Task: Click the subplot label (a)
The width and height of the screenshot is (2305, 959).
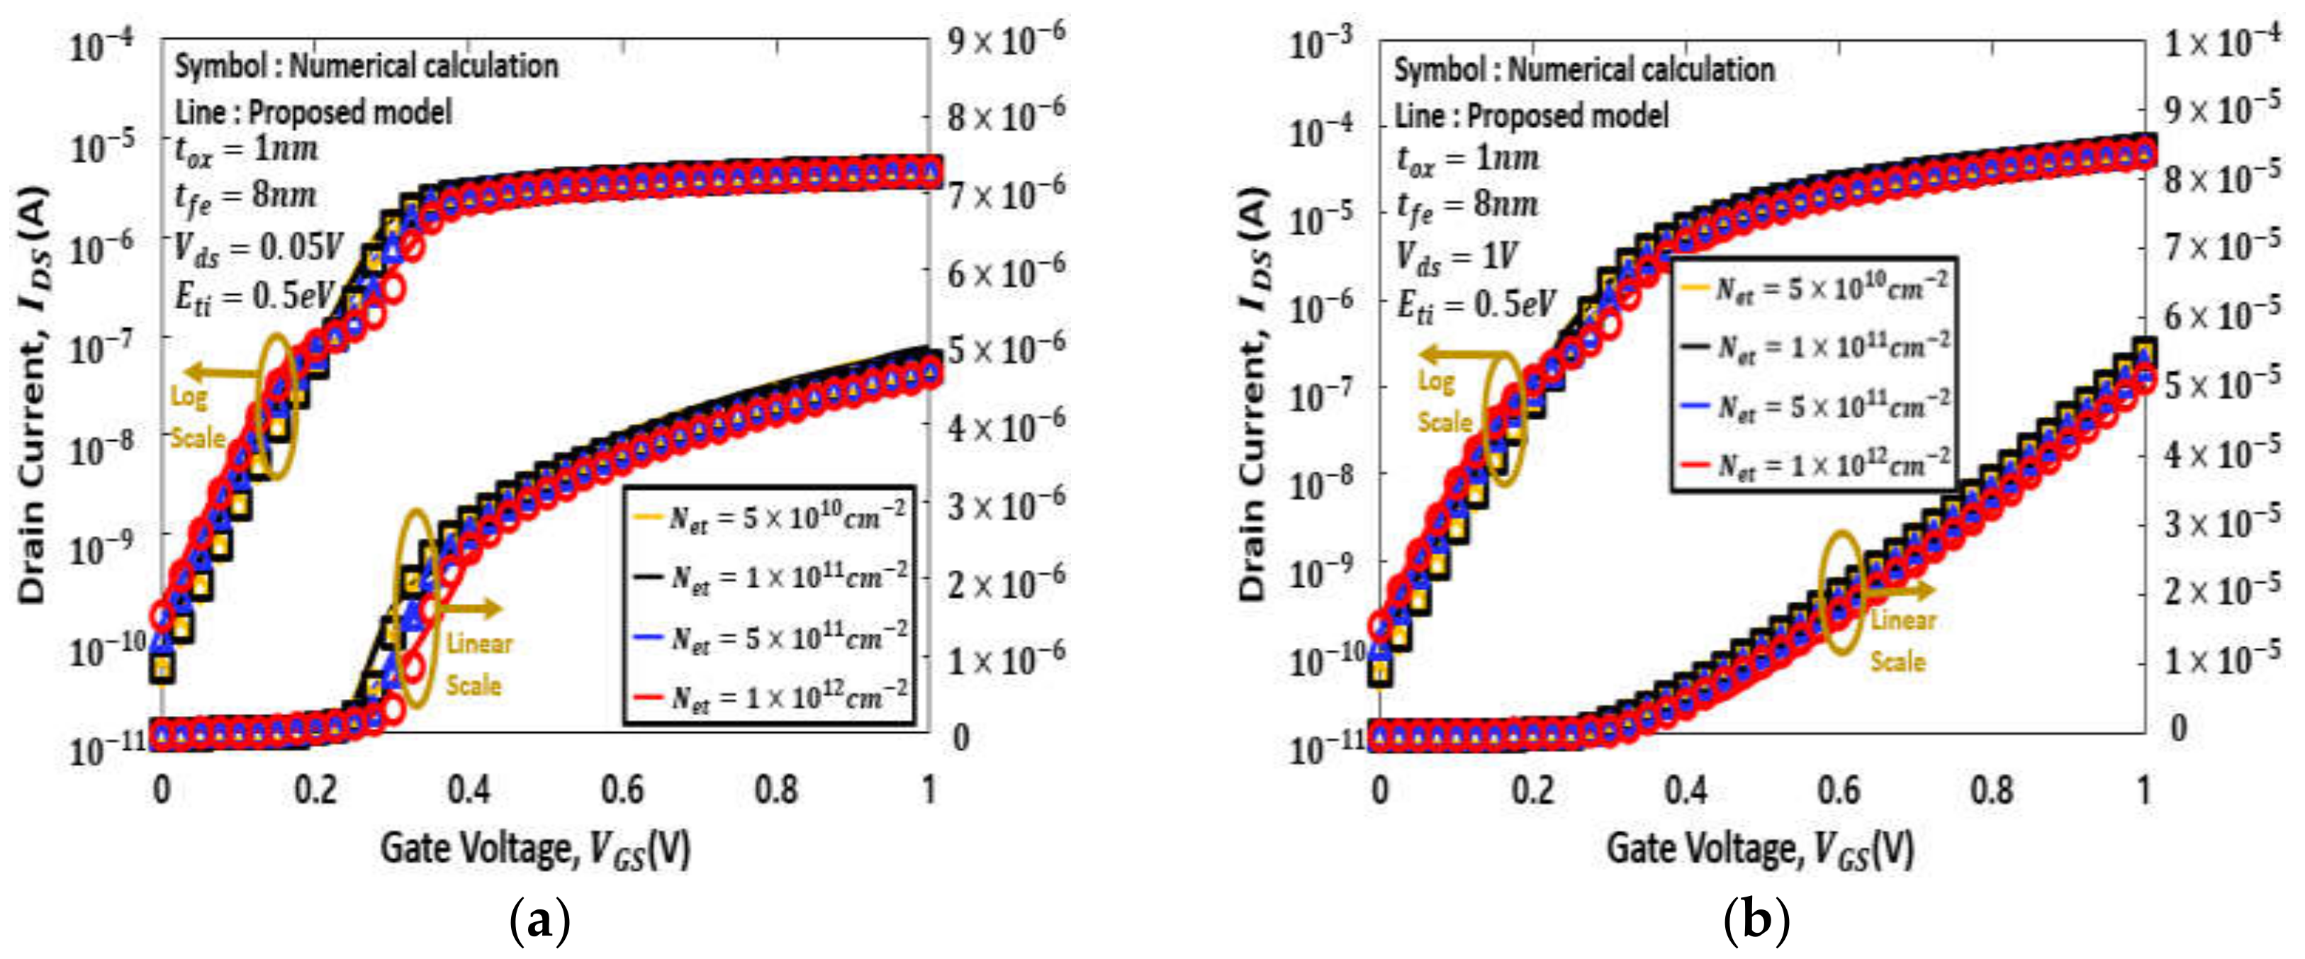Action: click(x=539, y=921)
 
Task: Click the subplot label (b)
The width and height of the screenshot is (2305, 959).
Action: click(x=1756, y=921)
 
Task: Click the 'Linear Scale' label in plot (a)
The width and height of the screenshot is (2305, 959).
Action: click(x=478, y=663)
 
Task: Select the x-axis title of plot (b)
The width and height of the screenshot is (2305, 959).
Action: click(x=1759, y=848)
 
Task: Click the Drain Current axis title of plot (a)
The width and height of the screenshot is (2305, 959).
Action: click(x=33, y=393)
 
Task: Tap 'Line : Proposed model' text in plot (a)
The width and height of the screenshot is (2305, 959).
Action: click(x=313, y=113)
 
